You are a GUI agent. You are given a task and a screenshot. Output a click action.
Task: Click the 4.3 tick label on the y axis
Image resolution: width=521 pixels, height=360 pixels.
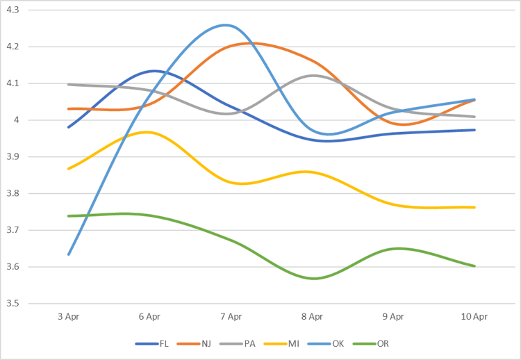tap(13, 10)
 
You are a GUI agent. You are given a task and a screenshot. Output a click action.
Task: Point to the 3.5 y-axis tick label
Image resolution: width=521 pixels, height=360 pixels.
tap(13, 304)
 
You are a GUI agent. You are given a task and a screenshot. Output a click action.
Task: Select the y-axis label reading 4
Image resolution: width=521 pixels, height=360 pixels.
tap(17, 120)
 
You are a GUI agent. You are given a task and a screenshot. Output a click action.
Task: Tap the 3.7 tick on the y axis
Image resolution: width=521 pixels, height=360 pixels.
tap(13, 230)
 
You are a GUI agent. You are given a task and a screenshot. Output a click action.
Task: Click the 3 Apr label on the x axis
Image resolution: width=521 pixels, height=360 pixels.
tap(68, 316)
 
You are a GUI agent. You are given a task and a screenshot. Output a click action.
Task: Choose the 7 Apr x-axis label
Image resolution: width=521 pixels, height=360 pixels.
tap(231, 316)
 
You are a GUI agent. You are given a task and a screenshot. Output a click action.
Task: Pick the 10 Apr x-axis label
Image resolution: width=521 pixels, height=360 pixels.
tap(474, 316)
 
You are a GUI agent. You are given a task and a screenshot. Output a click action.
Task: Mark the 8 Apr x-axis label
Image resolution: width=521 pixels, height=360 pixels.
tap(312, 316)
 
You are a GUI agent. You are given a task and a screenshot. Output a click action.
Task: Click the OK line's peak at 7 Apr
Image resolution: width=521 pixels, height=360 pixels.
tap(226, 25)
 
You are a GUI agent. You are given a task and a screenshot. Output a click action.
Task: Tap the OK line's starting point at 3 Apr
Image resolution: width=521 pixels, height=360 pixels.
tap(68, 254)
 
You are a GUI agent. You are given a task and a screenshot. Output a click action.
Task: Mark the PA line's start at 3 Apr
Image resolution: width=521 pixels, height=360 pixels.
tap(68, 84)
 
